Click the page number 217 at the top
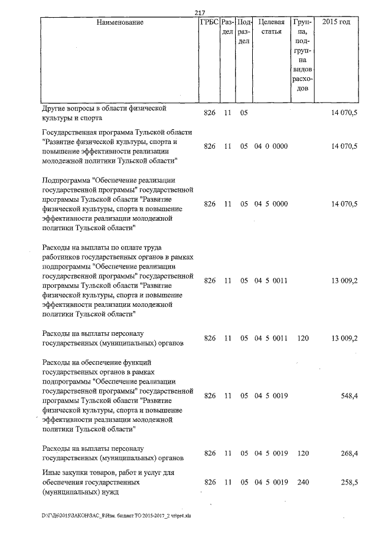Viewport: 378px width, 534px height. (199, 13)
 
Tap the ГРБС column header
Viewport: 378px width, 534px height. (209, 22)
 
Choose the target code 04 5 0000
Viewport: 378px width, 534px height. (271, 204)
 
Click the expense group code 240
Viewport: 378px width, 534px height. (302, 483)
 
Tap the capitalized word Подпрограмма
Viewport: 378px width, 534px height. (69, 179)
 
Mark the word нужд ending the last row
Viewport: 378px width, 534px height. (109, 492)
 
